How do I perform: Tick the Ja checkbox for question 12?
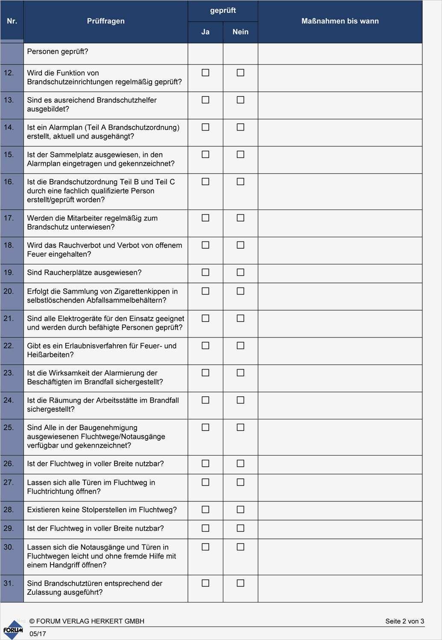point(205,73)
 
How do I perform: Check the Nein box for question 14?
point(240,127)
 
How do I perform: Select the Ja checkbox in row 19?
point(205,272)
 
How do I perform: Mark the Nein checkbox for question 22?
point(240,346)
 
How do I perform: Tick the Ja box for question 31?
point(205,583)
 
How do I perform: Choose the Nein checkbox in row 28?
point(240,509)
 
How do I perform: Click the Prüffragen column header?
point(105,21)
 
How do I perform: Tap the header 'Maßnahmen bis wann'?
point(340,21)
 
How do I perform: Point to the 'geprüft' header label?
point(223,10)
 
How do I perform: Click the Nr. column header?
point(12,21)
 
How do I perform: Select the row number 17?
point(9,218)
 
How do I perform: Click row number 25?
point(9,428)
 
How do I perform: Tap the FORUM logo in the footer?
point(13,630)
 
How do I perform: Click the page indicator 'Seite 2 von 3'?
point(404,621)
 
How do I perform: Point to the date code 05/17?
point(38,634)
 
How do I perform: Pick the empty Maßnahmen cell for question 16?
point(340,191)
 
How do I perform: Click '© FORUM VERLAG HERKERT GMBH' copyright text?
point(87,621)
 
